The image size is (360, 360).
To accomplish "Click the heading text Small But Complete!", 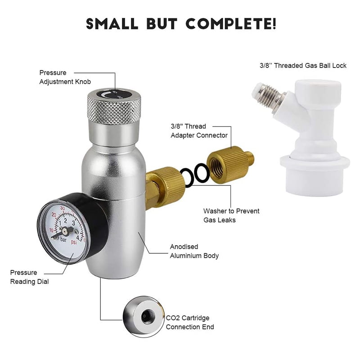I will (180, 24).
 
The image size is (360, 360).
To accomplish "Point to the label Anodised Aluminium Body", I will (194, 251).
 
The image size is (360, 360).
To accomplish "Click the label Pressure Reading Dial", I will (30, 277).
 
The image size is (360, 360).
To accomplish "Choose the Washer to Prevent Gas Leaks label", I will (231, 216).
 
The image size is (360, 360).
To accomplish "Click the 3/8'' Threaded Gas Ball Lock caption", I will (303, 66).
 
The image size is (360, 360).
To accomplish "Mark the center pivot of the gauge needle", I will (65, 230).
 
